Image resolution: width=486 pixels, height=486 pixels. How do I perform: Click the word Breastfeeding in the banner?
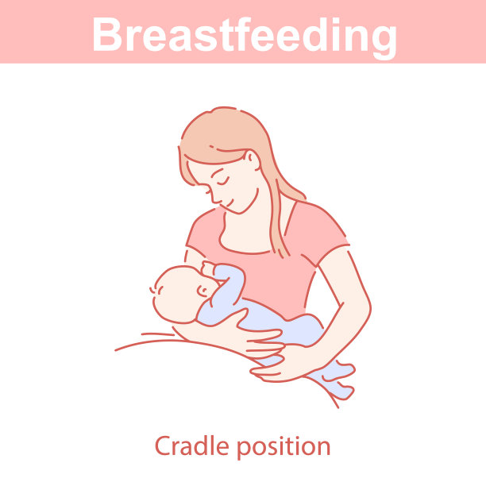(243, 33)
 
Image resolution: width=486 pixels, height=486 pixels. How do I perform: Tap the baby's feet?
(337, 379)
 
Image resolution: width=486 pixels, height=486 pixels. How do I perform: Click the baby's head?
(175, 294)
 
